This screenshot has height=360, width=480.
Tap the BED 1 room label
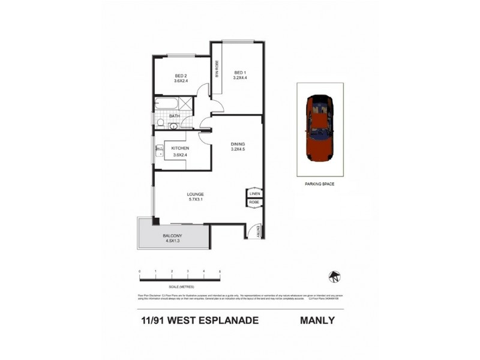tap(241, 73)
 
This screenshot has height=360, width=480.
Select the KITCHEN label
tap(181, 148)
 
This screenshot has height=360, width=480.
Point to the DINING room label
tap(239, 144)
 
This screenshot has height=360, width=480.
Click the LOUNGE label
tap(195, 194)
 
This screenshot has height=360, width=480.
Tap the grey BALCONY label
tap(172, 236)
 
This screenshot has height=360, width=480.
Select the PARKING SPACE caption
tap(320, 185)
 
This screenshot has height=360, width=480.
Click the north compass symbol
tap(334, 276)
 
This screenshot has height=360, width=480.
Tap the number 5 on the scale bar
tap(220, 272)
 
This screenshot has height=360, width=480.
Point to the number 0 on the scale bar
tap(140, 272)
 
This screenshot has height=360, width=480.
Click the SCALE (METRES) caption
tap(180, 286)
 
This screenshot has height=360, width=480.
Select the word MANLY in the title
tap(317, 320)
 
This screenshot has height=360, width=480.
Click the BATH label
tap(175, 116)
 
